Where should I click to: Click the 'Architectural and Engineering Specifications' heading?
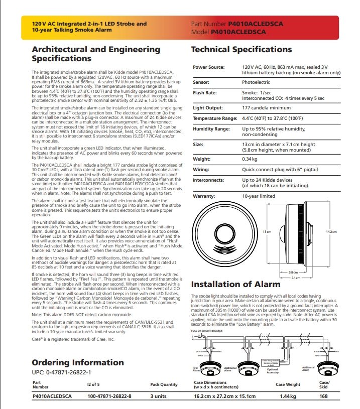[x=95, y=54]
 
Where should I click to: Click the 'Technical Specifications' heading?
[x=241, y=50]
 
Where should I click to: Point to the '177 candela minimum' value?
[x=266, y=108]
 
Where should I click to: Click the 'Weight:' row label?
[x=202, y=159]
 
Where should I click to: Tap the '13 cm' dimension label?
[x=267, y=231]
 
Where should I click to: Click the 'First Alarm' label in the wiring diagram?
[x=196, y=369]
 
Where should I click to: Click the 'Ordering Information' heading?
[x=77, y=362]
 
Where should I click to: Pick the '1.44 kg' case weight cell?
[x=287, y=396]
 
